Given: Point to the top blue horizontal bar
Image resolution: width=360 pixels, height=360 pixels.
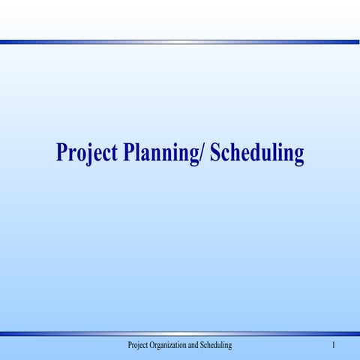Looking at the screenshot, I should click(x=180, y=42).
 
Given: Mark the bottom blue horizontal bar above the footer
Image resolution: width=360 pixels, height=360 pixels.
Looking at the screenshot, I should click(x=180, y=333).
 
